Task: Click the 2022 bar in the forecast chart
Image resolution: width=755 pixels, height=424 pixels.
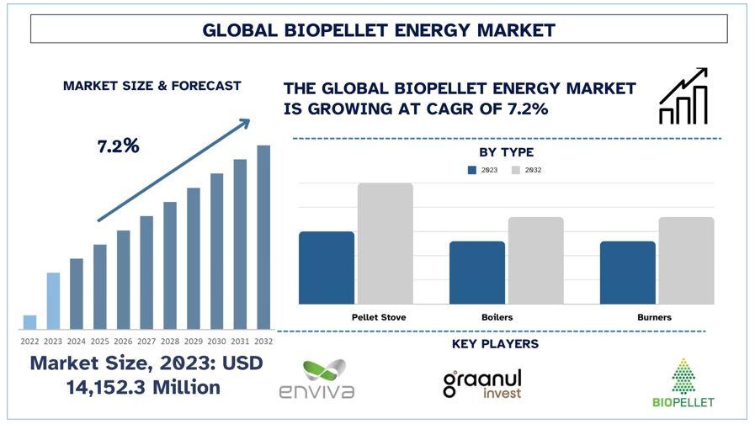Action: tap(29, 322)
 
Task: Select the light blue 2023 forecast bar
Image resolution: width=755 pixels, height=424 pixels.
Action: tap(53, 301)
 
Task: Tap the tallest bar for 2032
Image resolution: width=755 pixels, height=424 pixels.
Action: tap(263, 237)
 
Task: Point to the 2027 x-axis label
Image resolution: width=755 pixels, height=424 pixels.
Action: tap(146, 342)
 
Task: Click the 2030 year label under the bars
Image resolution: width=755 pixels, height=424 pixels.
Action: tap(216, 342)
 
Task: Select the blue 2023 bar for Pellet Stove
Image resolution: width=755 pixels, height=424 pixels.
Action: tap(327, 268)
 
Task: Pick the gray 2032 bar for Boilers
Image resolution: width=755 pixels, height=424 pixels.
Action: tap(536, 260)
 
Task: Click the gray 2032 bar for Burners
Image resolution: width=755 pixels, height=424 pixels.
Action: tap(686, 260)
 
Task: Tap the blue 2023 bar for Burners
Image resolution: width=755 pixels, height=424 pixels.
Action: tap(627, 273)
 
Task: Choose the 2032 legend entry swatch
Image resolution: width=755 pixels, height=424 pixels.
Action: tap(516, 170)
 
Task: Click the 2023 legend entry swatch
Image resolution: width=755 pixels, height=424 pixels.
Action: tap(472, 170)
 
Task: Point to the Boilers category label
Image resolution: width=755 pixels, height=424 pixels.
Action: tap(497, 317)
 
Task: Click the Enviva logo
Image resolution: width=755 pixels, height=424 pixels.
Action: tap(317, 379)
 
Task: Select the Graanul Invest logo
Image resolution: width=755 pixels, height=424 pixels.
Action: tap(482, 384)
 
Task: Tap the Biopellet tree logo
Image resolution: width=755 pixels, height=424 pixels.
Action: tap(683, 383)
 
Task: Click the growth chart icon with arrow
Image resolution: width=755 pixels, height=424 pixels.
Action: tap(683, 96)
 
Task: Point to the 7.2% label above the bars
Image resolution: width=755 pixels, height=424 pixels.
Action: tap(119, 146)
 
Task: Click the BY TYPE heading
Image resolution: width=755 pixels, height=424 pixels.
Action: tap(506, 152)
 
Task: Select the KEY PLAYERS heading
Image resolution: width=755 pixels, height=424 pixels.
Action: tap(495, 343)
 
